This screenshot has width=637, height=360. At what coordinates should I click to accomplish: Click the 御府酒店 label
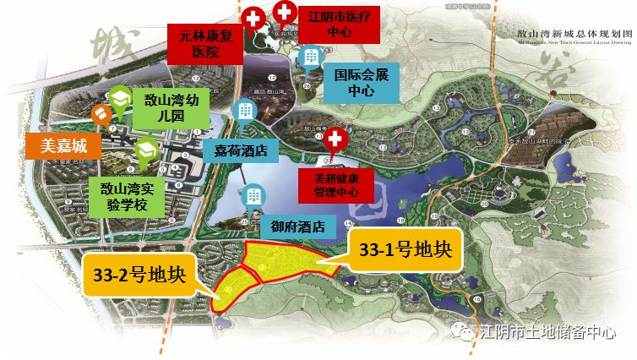click(293, 226)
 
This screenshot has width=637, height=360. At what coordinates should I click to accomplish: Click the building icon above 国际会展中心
click(311, 56)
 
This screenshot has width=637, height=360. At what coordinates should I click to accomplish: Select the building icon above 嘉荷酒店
click(246, 111)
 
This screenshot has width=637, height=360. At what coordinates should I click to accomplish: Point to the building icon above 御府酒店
click(253, 195)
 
